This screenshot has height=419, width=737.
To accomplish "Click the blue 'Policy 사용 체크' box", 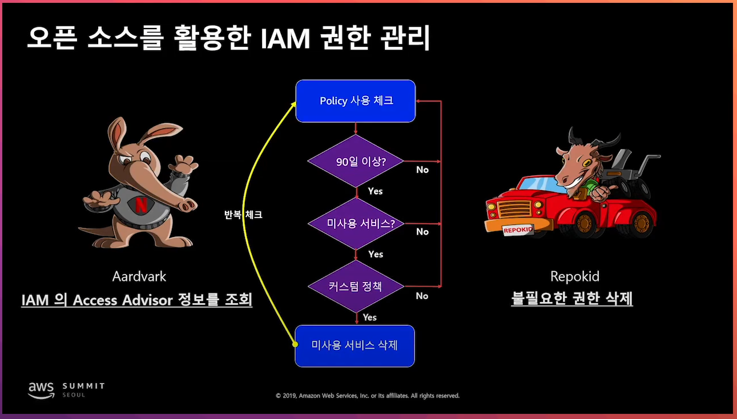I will point(355,101).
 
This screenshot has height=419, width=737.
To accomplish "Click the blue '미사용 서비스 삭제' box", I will point(355,345).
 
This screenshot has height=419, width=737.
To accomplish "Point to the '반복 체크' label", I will point(243,215).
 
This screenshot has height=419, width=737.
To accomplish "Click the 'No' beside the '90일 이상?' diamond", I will point(422,170).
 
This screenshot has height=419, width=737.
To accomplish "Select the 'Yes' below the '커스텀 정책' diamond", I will point(370,317).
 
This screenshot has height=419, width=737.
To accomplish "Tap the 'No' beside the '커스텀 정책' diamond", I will point(422,296).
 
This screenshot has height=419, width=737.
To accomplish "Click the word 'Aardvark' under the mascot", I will point(139,277).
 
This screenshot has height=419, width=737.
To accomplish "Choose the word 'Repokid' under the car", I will point(574,277).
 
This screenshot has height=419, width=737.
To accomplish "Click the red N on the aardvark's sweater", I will point(140,205).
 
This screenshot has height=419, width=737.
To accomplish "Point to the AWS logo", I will point(41,389).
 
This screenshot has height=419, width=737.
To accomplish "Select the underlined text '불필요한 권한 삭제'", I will point(572,299).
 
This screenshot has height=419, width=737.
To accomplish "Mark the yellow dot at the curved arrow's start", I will point(295,344).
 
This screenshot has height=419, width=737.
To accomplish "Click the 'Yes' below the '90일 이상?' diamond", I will point(375,191).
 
